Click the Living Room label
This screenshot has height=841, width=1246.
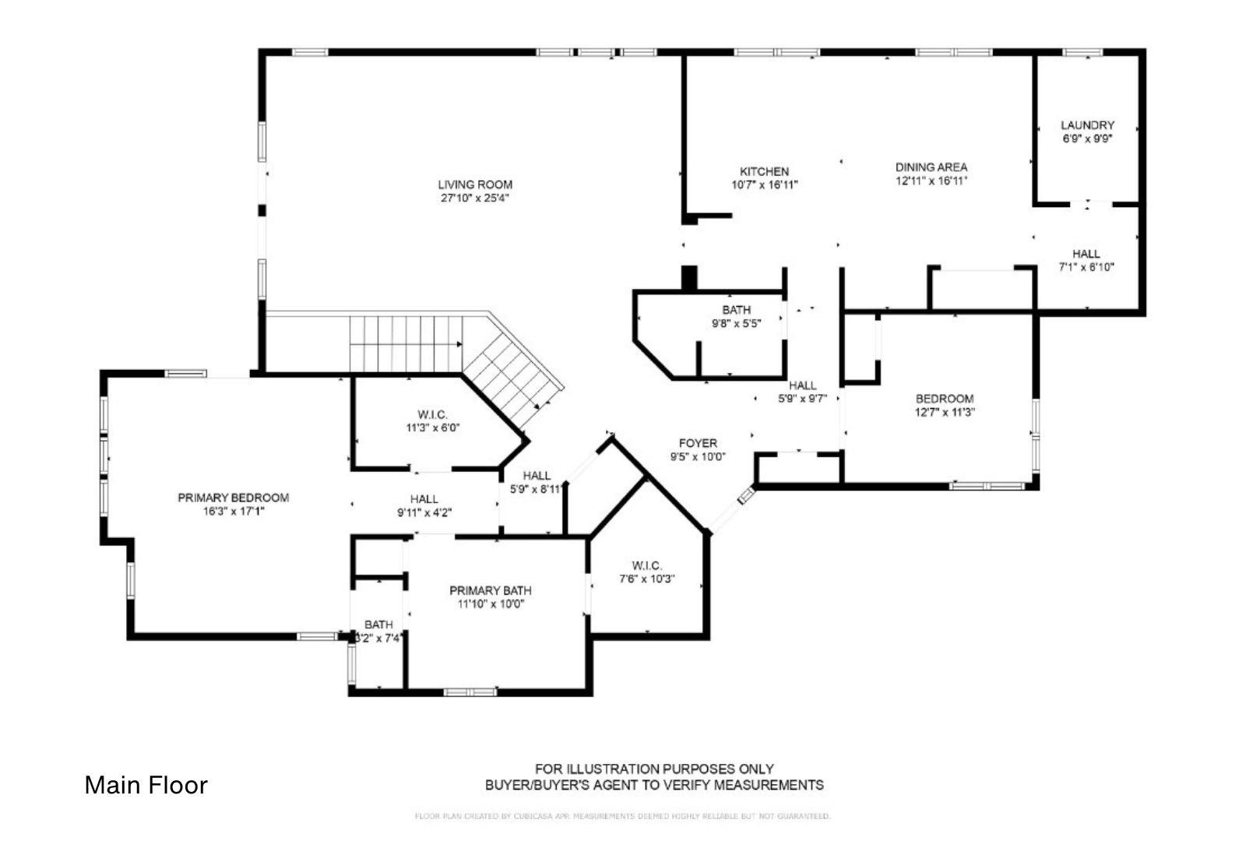475,185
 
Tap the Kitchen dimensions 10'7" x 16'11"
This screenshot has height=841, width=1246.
765,185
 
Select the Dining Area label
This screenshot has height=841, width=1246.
931,167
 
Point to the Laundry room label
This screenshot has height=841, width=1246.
1087,125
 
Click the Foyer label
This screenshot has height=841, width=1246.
698,443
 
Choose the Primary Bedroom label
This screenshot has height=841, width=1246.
233,498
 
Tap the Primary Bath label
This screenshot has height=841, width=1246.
491,590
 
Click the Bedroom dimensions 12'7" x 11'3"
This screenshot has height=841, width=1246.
945,413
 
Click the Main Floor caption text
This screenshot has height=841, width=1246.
146,785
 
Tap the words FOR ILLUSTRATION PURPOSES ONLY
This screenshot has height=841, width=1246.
654,769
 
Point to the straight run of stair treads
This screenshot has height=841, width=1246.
405,343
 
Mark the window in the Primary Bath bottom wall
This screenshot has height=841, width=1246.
470,691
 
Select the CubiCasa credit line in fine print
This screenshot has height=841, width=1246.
623,816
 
